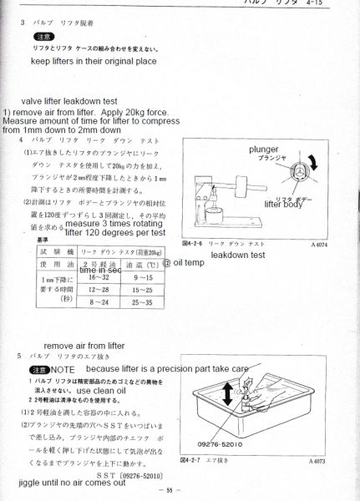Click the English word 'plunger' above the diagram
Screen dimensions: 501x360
coord(263,149)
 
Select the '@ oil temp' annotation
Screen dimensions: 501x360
coord(183,261)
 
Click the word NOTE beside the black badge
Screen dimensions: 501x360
coord(63,368)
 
